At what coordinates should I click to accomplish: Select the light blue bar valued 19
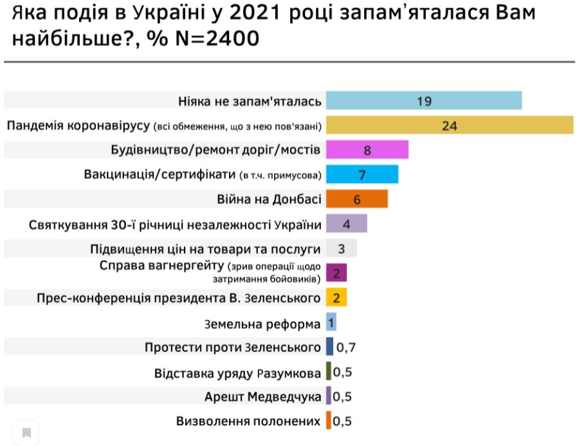(423, 101)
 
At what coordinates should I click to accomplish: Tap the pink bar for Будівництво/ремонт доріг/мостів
(367, 150)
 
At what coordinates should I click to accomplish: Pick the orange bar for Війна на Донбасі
(356, 199)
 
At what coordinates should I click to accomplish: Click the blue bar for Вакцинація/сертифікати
(362, 174)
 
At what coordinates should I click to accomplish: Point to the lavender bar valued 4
(346, 224)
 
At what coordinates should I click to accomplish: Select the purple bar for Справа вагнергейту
(336, 273)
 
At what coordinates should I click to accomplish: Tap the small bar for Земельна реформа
(331, 322)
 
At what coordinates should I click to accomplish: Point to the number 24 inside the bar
(449, 125)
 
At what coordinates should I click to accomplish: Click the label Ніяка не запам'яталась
(248, 101)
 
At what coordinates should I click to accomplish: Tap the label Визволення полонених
(248, 422)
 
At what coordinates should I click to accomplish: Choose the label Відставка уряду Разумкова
(237, 373)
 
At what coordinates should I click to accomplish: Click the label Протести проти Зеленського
(233, 348)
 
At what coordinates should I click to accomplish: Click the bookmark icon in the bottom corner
(26, 432)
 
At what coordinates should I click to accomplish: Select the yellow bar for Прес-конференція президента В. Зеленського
(336, 297)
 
